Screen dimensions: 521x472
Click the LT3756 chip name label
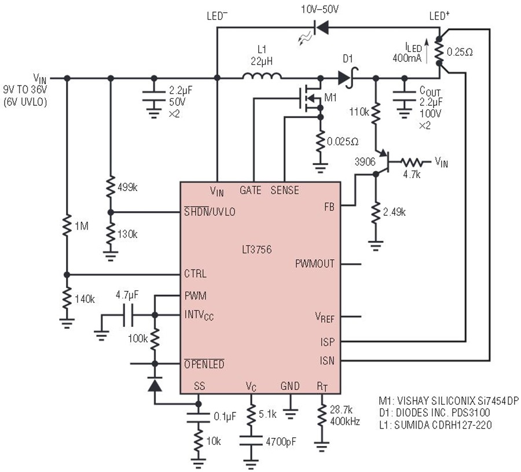click(256, 249)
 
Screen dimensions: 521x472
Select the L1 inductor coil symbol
click(262, 76)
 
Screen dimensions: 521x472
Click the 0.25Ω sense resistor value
click(460, 52)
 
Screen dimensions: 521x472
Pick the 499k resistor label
click(127, 187)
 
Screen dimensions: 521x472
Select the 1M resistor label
click(82, 226)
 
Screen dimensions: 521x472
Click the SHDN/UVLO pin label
click(210, 212)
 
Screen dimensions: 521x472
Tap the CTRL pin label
click(196, 274)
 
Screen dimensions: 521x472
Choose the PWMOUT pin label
click(315, 264)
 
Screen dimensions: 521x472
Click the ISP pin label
click(327, 342)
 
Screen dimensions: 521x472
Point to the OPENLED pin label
click(204, 364)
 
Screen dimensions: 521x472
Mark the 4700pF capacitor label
click(281, 442)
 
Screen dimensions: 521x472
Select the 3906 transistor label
click(365, 162)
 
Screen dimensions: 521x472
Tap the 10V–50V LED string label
click(320, 9)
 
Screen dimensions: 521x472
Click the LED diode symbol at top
click(321, 28)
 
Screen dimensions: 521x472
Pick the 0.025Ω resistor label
click(343, 142)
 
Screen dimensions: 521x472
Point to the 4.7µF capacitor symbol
click(128, 315)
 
